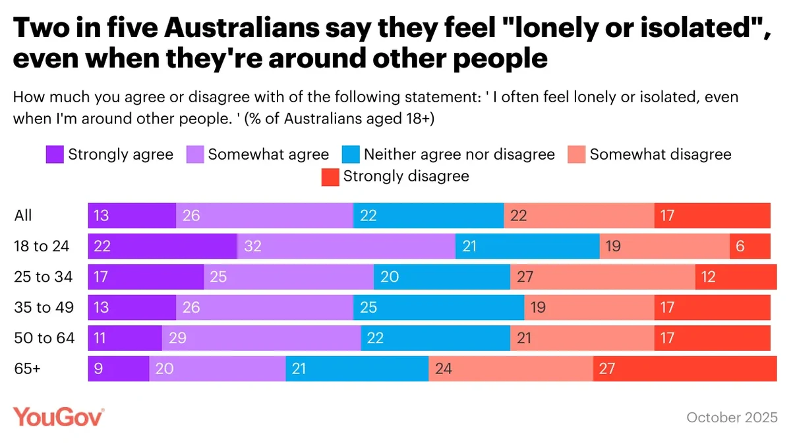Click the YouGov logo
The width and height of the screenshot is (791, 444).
pos(59,417)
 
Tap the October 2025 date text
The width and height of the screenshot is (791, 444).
pos(732,418)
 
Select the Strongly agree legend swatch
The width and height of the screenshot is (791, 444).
pos(55,155)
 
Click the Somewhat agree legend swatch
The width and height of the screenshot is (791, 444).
pos(194,155)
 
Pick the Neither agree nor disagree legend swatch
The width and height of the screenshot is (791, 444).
pos(351,155)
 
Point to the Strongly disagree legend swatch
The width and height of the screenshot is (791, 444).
pos(330,176)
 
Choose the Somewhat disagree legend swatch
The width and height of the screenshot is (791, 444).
pos(577,155)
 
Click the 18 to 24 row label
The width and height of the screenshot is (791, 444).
pos(42,247)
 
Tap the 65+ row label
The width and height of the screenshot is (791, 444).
pos(28,369)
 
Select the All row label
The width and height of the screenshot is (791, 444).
pos(23,216)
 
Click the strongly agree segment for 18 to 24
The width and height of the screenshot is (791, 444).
pos(162,247)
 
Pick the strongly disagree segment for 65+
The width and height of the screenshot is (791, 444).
pos(682,369)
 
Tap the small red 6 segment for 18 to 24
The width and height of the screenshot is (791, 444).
pos(749,247)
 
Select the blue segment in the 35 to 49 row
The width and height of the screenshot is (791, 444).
pos(438,307)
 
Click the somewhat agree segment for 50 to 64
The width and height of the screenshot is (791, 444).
pos(261,338)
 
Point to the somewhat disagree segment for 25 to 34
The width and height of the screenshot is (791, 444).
pos(602,277)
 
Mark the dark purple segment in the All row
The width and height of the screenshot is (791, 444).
pos(132,216)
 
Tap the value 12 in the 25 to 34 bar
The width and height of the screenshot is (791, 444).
pos(709,277)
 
